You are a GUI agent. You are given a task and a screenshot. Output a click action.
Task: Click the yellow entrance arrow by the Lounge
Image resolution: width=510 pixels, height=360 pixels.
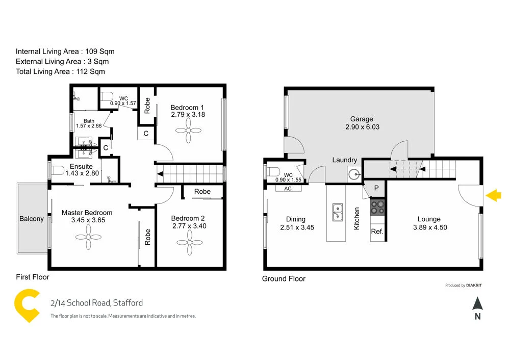coord(494,195)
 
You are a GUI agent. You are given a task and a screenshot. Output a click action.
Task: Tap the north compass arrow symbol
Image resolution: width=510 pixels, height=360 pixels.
coord(477,304)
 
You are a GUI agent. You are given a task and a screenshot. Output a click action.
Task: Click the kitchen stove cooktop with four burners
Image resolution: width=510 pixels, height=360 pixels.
coord(377,207)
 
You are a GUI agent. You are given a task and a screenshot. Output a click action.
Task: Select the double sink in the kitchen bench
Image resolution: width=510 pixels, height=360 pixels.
coord(337,212)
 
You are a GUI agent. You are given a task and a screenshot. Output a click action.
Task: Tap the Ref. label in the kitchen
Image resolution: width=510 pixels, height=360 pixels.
coord(377,232)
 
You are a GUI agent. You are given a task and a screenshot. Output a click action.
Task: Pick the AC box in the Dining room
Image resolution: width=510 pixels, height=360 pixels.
coord(288,188)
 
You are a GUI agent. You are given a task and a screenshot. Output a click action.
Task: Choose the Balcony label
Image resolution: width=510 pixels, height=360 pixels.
coord(32,219)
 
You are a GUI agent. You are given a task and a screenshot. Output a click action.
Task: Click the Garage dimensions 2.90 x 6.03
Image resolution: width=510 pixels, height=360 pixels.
coord(361,127)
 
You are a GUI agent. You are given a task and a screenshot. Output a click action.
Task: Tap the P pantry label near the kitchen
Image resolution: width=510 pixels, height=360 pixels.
coord(376,188)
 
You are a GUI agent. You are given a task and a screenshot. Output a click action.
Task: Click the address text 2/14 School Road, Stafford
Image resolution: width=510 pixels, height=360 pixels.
coord(96,303)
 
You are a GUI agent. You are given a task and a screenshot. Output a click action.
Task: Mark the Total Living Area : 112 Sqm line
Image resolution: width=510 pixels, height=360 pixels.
coord(60,72)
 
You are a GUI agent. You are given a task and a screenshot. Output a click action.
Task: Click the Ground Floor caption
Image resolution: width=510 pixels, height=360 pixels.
coord(284,279)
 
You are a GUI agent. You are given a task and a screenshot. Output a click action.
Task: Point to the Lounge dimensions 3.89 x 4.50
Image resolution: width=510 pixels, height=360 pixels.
coord(429,227)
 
